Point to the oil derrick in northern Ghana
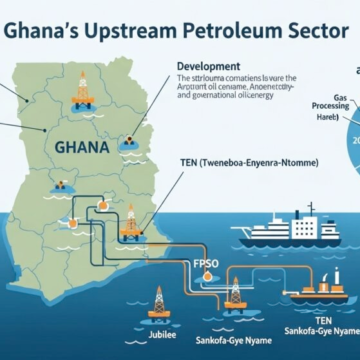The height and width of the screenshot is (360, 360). [x=83, y=91]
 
